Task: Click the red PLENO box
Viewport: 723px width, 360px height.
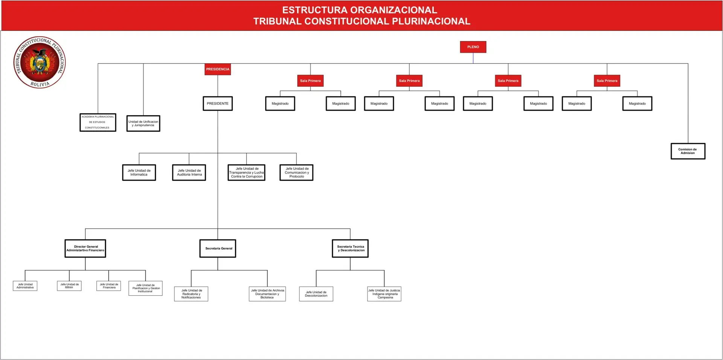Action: point(473,47)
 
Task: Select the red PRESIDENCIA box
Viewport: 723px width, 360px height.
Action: point(218,69)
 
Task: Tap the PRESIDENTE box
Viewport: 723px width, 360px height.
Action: point(218,104)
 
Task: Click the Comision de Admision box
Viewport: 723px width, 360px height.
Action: point(688,151)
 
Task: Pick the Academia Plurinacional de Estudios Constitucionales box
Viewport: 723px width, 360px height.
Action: point(98,122)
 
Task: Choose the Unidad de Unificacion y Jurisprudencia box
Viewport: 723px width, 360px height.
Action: point(143,124)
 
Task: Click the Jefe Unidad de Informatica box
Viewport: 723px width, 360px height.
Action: point(139,172)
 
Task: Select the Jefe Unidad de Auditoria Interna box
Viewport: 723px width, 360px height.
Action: point(189,172)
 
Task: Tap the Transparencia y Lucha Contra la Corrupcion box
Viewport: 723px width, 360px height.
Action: point(247,172)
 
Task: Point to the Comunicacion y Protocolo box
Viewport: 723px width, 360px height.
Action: point(296,172)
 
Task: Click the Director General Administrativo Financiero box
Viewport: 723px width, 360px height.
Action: point(85,249)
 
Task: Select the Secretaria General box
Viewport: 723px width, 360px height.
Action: point(218,249)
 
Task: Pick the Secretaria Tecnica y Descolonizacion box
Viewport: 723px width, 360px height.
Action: point(350,249)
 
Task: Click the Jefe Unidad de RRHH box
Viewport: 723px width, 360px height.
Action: point(69,286)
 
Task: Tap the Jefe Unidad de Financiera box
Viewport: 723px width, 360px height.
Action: point(109,286)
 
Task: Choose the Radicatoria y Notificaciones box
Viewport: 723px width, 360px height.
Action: point(191,294)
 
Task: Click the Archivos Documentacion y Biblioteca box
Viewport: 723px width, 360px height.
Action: point(267,294)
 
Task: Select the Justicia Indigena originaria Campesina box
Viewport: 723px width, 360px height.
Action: point(384,294)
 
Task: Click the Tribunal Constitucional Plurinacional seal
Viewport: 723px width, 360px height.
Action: point(40,63)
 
